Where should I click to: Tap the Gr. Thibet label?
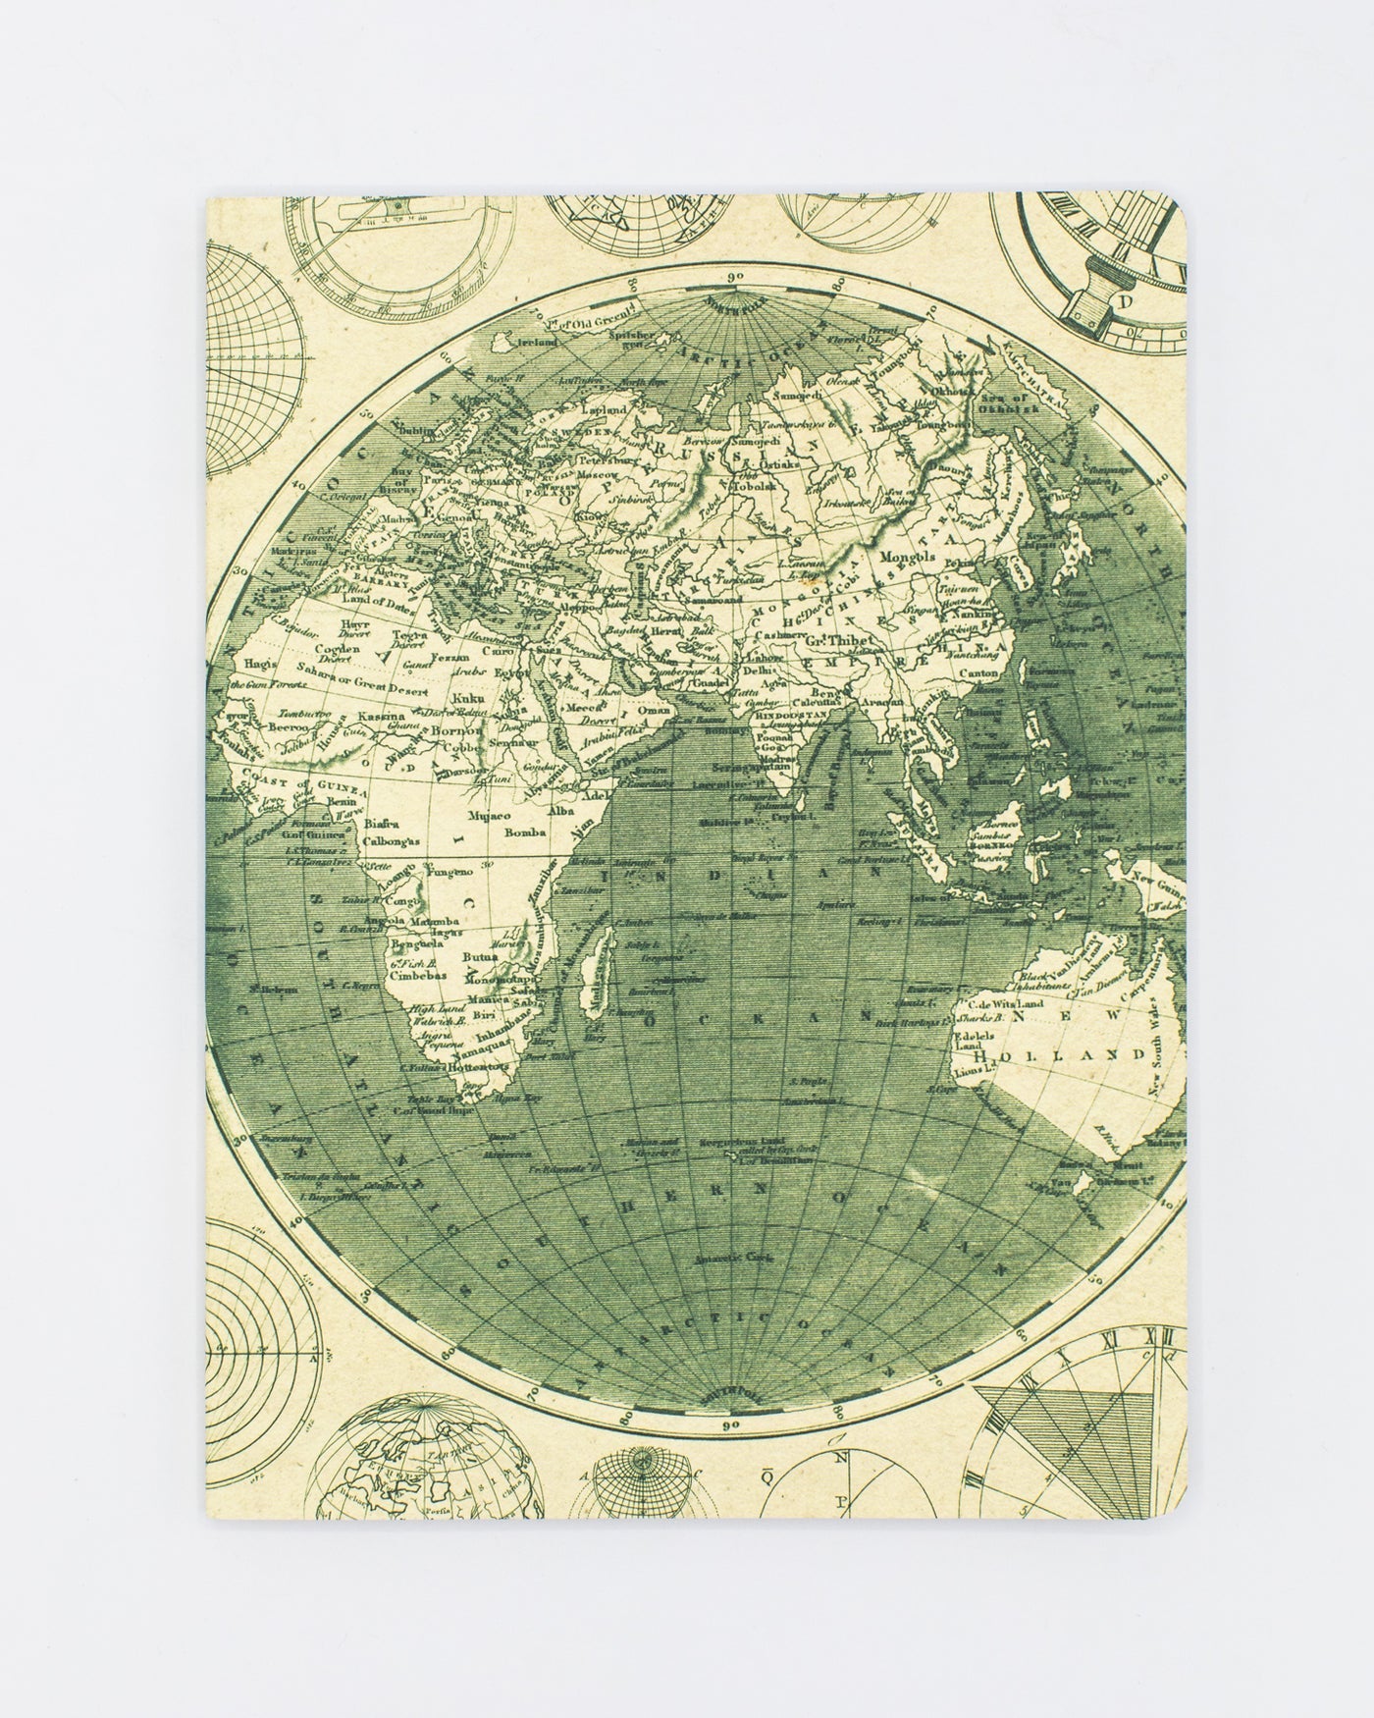835,641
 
